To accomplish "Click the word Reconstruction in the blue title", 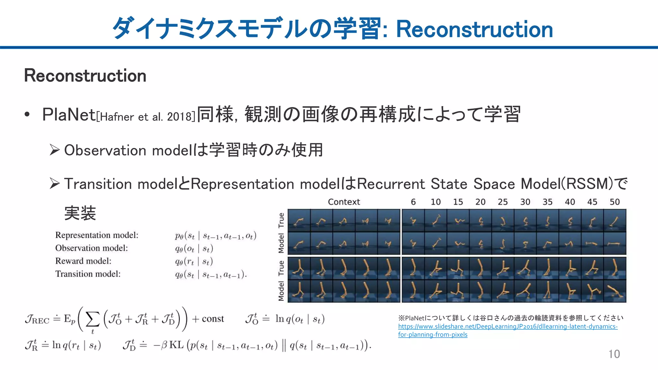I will click(474, 29).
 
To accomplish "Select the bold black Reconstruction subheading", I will click(85, 76).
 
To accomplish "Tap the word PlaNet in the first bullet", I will click(69, 115).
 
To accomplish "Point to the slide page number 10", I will click(614, 354).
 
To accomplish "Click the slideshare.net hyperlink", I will click(507, 330).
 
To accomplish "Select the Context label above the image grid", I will click(344, 202).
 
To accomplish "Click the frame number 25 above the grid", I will click(502, 202).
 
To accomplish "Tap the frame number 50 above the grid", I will click(614, 202).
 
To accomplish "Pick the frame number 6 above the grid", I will click(413, 202).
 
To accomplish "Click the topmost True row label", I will click(281, 220).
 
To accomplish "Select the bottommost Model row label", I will click(281, 291).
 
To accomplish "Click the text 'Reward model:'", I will click(83, 261).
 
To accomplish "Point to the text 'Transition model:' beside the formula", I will click(88, 274).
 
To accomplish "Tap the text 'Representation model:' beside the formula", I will click(97, 235).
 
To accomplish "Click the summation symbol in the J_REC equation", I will click(93, 320).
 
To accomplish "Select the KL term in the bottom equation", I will click(176, 345).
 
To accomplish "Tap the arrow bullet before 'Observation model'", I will click(55, 150).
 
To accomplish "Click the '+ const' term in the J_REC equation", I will click(208, 319).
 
